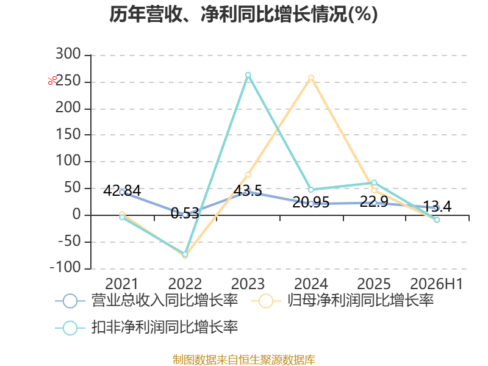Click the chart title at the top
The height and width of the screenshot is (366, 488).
tap(243, 14)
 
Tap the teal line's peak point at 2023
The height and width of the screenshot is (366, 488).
tap(248, 75)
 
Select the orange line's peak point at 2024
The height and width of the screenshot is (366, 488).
tap(311, 77)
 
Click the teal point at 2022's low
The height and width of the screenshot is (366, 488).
tap(185, 254)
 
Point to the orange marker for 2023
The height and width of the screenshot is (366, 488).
tap(248, 174)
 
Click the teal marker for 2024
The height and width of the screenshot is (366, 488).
tap(311, 190)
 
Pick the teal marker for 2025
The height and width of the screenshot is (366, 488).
tap(374, 182)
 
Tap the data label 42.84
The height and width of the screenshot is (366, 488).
tap(122, 190)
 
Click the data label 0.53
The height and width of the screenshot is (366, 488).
tap(185, 213)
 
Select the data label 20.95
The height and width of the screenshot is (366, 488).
tap(311, 203)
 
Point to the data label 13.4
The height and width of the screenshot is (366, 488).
tap(437, 206)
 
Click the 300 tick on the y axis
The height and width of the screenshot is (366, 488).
tap(68, 54)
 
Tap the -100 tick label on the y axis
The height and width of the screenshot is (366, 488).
tap(65, 268)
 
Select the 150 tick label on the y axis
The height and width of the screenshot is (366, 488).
tap(68, 134)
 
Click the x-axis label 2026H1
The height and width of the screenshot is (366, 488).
tap(437, 284)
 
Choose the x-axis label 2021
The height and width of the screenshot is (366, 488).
tap(121, 284)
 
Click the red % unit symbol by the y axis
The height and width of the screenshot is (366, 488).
tap(52, 81)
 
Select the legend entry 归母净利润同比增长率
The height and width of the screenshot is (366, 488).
tap(342, 301)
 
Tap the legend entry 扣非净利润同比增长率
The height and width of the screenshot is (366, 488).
tap(146, 327)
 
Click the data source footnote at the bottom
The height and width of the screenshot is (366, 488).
tap(244, 360)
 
